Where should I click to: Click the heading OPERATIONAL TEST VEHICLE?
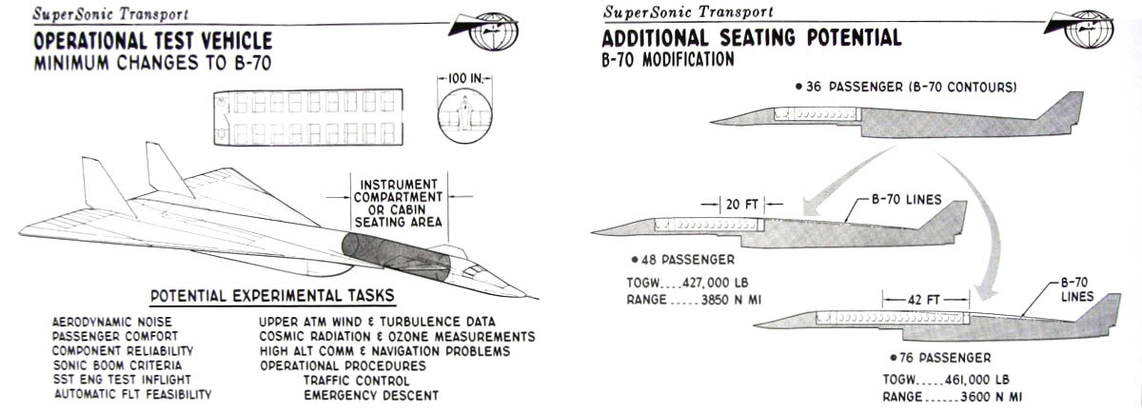tap(153, 42)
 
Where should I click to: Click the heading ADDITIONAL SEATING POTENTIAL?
tap(751, 39)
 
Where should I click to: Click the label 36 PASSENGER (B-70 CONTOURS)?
tap(905, 87)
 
